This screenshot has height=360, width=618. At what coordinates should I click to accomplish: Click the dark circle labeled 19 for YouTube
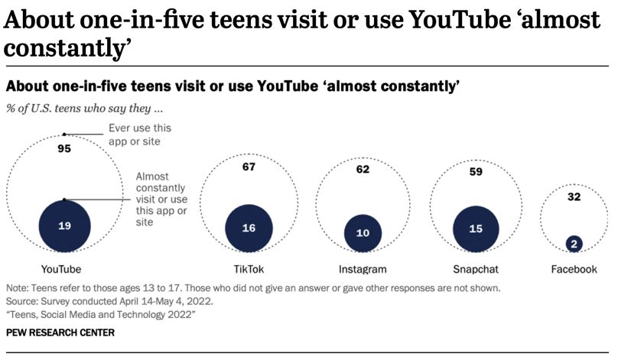(x=64, y=225)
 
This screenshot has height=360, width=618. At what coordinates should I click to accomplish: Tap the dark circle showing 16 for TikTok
(x=249, y=228)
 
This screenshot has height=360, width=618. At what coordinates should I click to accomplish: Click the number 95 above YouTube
(x=64, y=149)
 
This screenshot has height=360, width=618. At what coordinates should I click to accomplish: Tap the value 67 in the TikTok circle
(x=249, y=167)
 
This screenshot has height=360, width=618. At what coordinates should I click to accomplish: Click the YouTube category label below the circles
(x=60, y=269)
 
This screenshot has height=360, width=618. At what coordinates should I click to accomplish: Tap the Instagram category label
(x=363, y=269)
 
